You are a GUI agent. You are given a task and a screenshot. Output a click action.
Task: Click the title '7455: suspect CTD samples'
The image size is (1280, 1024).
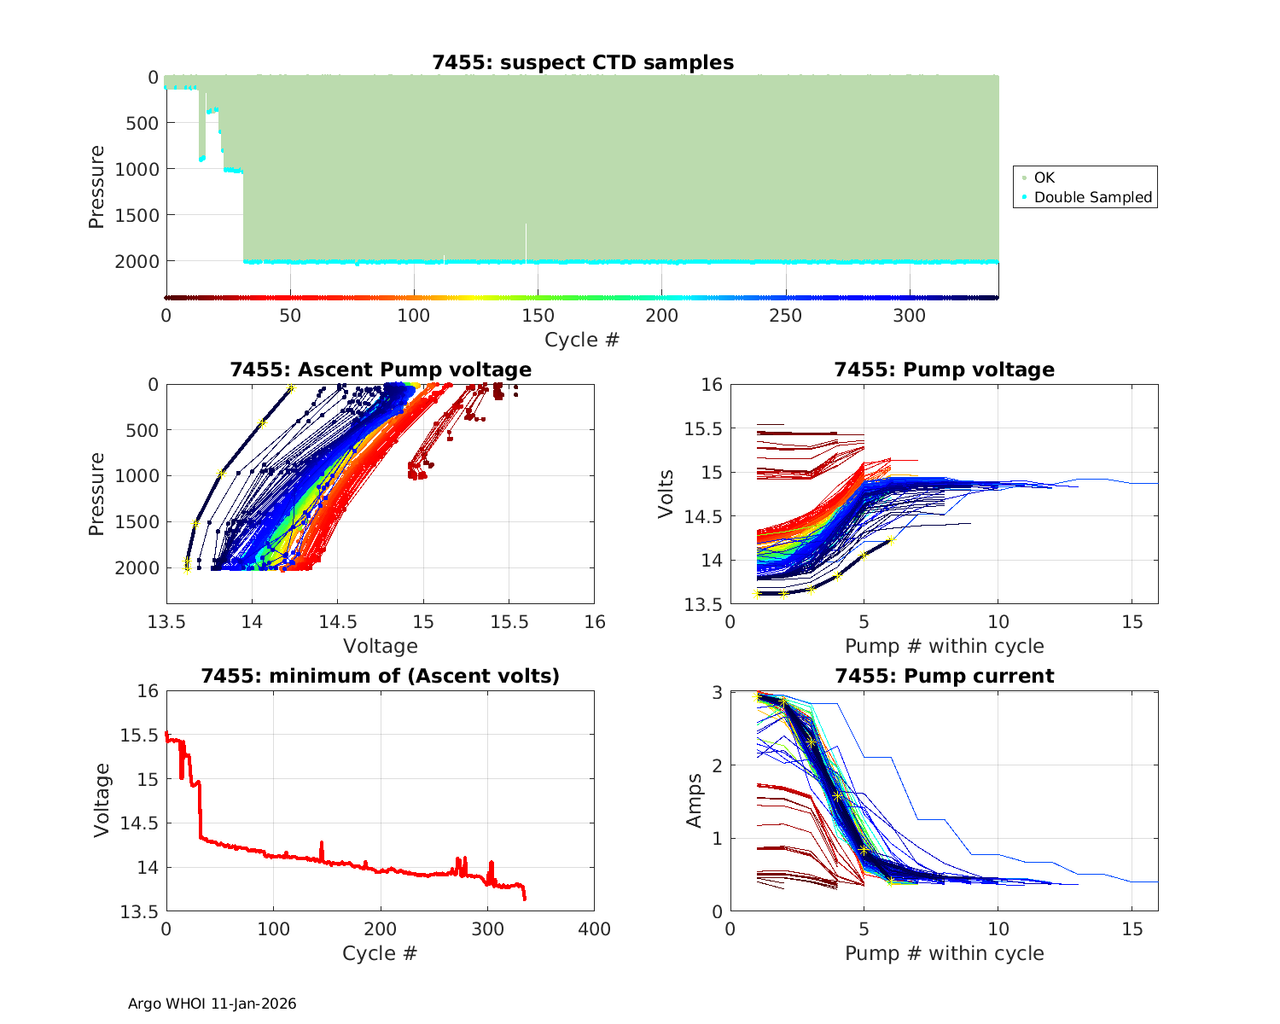pyautogui.click(x=583, y=62)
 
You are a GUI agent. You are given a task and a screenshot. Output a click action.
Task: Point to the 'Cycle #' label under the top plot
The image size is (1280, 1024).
pyautogui.click(x=582, y=340)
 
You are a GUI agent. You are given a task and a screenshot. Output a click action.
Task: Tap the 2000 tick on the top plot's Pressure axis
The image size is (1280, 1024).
pyautogui.click(x=137, y=261)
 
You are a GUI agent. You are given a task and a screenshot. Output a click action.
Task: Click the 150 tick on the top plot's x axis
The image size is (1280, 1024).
pyautogui.click(x=538, y=316)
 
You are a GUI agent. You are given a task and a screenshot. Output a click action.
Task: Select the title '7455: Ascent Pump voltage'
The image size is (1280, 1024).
pyautogui.click(x=381, y=369)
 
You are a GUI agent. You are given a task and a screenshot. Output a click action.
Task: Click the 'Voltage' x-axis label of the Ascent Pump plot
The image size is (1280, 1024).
pyautogui.click(x=381, y=646)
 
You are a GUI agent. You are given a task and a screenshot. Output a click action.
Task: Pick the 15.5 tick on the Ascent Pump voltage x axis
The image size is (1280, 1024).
pyautogui.click(x=509, y=622)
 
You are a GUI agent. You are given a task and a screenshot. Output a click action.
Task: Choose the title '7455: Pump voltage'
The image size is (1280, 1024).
pyautogui.click(x=944, y=369)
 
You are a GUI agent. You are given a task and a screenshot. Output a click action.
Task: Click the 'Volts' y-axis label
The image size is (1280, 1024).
pyautogui.click(x=666, y=494)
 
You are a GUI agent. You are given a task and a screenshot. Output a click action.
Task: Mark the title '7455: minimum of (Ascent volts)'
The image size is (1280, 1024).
pyautogui.click(x=381, y=676)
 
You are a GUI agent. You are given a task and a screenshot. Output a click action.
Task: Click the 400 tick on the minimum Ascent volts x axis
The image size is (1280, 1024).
pyautogui.click(x=594, y=929)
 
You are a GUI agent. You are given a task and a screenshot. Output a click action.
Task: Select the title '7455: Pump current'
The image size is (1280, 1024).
pyautogui.click(x=944, y=676)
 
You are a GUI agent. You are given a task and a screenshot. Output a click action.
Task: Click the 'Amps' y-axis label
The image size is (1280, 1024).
pyautogui.click(x=695, y=800)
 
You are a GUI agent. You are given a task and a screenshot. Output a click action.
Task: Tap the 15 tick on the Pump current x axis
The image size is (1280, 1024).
pyautogui.click(x=1132, y=929)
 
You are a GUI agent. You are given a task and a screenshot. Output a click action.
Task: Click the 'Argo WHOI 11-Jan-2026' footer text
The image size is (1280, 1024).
pyautogui.click(x=212, y=1004)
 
